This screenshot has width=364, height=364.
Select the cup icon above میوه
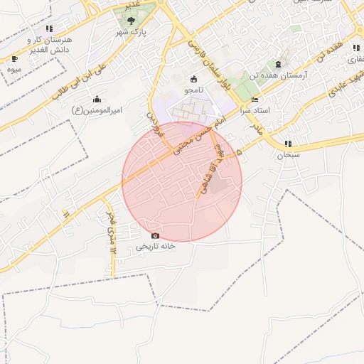[x=15, y=59]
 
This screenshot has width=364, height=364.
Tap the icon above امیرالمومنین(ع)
[x=97, y=99]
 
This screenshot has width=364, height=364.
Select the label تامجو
[x=194, y=90]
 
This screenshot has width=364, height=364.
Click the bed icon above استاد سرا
[x=255, y=99]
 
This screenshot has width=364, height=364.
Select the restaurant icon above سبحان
[x=288, y=144]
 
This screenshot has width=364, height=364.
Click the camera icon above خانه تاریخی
[x=156, y=235]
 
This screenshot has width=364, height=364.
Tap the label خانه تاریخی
[x=156, y=247]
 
